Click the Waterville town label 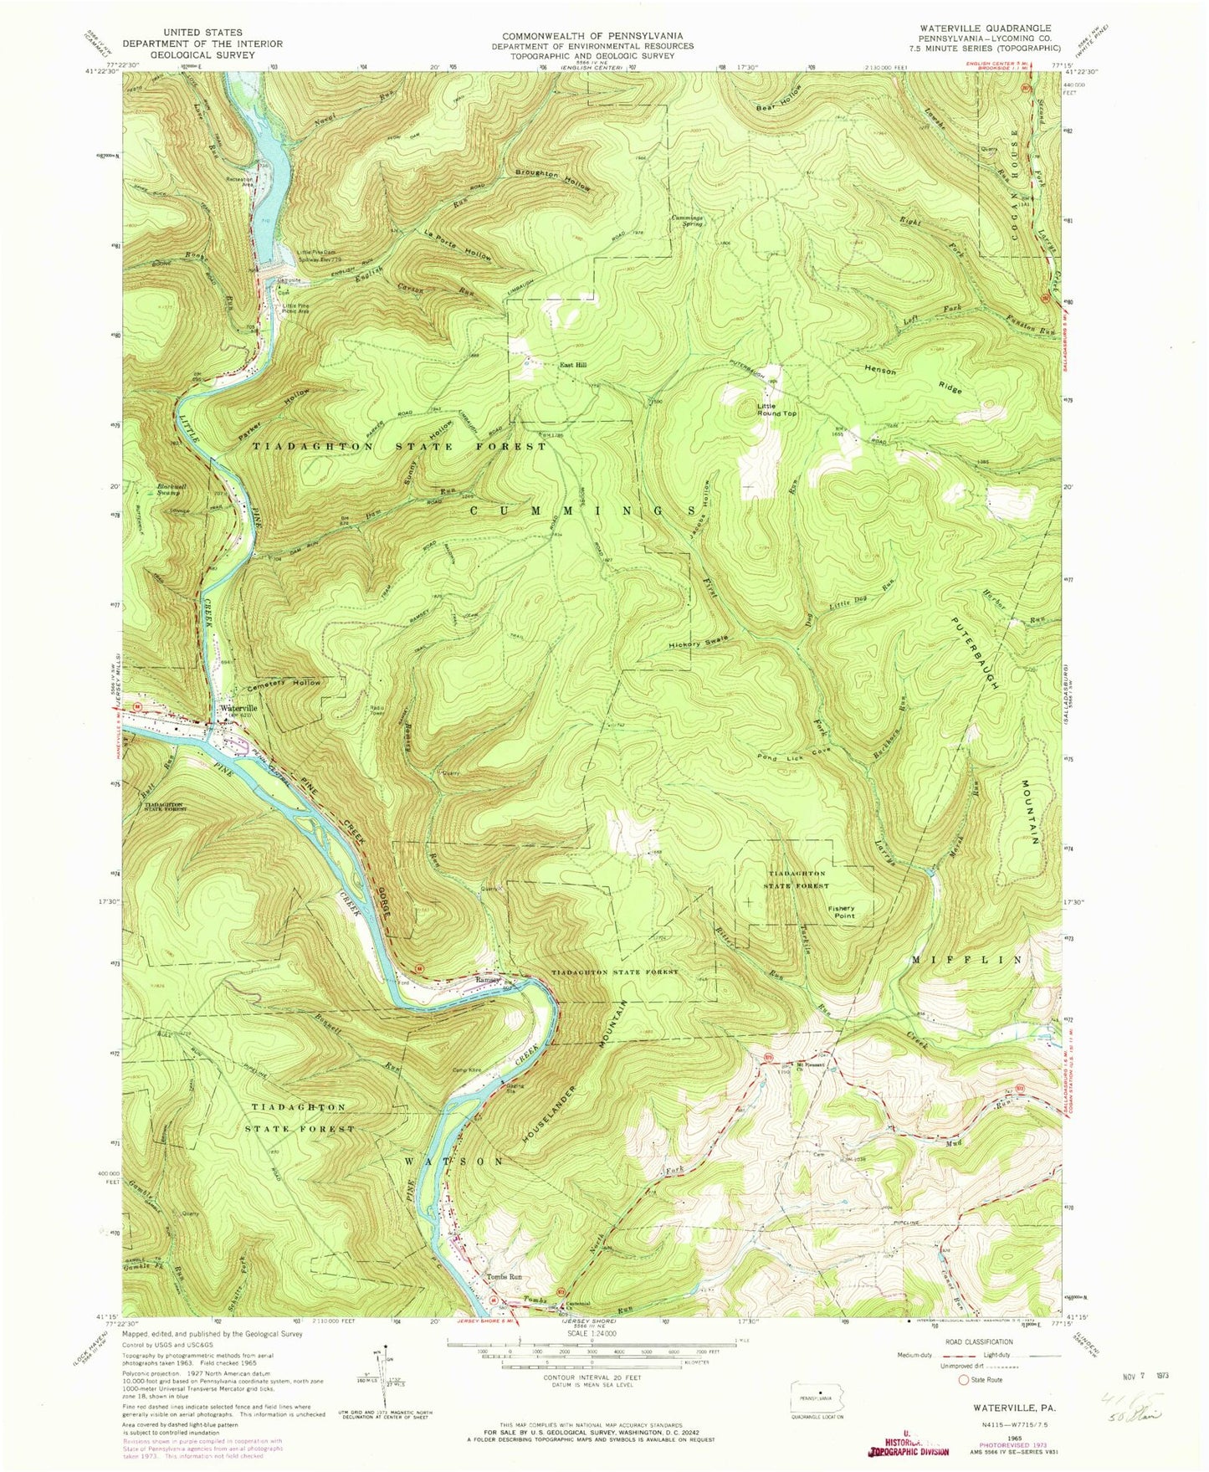pyautogui.click(x=238, y=708)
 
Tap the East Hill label pyautogui.click(x=573, y=365)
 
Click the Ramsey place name pyautogui.click(x=488, y=979)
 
